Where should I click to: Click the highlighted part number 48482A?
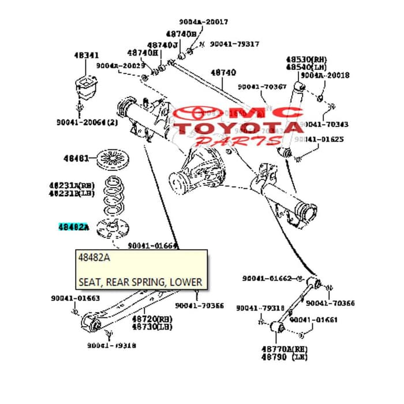(x=74, y=227)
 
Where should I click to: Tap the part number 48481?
(x=76, y=158)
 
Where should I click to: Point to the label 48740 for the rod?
(x=223, y=73)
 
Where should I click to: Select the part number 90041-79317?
(x=234, y=44)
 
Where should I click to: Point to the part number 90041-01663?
(x=75, y=298)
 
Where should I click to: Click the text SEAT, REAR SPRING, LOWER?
(x=140, y=282)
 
